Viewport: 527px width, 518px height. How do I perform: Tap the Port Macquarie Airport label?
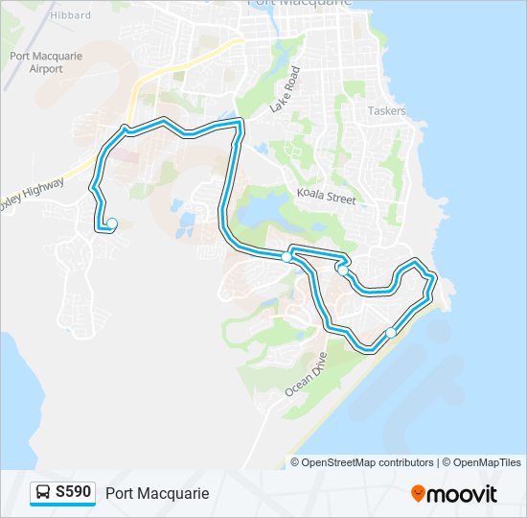(x=46, y=62)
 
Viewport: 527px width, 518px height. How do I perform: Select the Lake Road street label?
(x=286, y=89)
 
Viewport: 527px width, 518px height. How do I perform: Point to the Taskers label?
(x=387, y=111)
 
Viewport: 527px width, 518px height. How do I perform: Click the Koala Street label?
(x=326, y=198)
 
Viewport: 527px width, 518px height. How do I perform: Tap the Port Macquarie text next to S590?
(x=157, y=494)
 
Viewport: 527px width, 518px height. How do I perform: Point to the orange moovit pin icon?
(x=418, y=494)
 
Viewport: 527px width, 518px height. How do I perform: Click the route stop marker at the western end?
(x=112, y=224)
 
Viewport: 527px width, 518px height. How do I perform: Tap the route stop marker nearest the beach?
(x=390, y=333)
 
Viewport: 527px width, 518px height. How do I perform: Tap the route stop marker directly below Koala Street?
(x=342, y=271)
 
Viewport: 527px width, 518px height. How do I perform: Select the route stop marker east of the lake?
(x=286, y=257)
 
